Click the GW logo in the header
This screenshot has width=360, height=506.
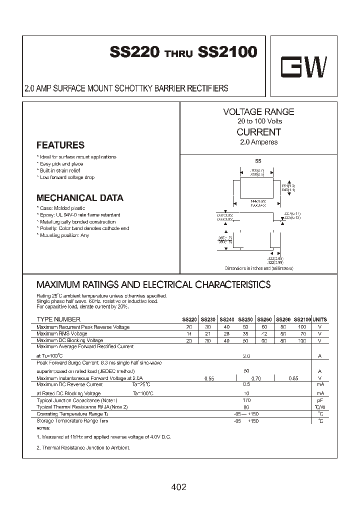(303, 69)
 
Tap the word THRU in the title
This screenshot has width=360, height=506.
(178, 54)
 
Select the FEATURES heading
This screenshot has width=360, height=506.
(60, 145)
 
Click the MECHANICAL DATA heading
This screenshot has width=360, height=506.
(80, 197)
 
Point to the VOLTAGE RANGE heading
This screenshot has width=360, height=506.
(258, 112)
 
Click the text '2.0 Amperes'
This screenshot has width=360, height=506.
(258, 142)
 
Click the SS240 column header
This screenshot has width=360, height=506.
(226, 319)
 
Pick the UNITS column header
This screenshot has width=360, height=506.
(319, 319)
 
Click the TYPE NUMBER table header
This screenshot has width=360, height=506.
(58, 319)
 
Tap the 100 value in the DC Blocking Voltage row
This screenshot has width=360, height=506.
(301, 340)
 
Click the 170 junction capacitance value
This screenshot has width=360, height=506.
(246, 401)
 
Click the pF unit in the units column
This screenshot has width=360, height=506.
(319, 401)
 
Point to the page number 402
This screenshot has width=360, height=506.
(178, 486)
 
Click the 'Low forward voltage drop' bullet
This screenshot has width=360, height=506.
(66, 177)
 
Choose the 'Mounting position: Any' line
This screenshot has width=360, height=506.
(64, 235)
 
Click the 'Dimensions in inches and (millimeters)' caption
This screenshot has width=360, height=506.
(259, 268)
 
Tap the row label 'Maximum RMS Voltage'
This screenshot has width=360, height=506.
(62, 333)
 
